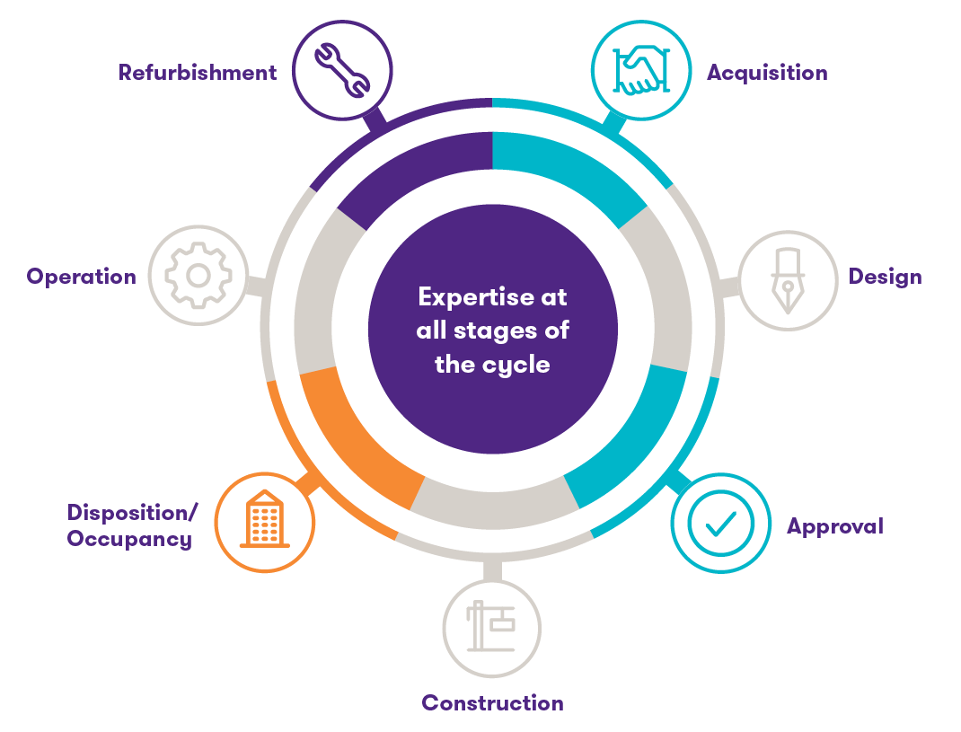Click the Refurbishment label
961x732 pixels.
(198, 73)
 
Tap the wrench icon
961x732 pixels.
(341, 70)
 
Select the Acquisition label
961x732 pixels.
(767, 73)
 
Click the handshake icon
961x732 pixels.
(641, 70)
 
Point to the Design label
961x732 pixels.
(886, 276)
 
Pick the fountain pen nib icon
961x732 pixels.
(787, 280)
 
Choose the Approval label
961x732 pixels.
(835, 526)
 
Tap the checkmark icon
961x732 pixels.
(721, 523)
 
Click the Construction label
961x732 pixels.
(492, 702)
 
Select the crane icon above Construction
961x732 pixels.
(491, 627)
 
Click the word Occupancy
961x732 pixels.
(129, 539)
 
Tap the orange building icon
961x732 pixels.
(265, 521)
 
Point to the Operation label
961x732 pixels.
(81, 276)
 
